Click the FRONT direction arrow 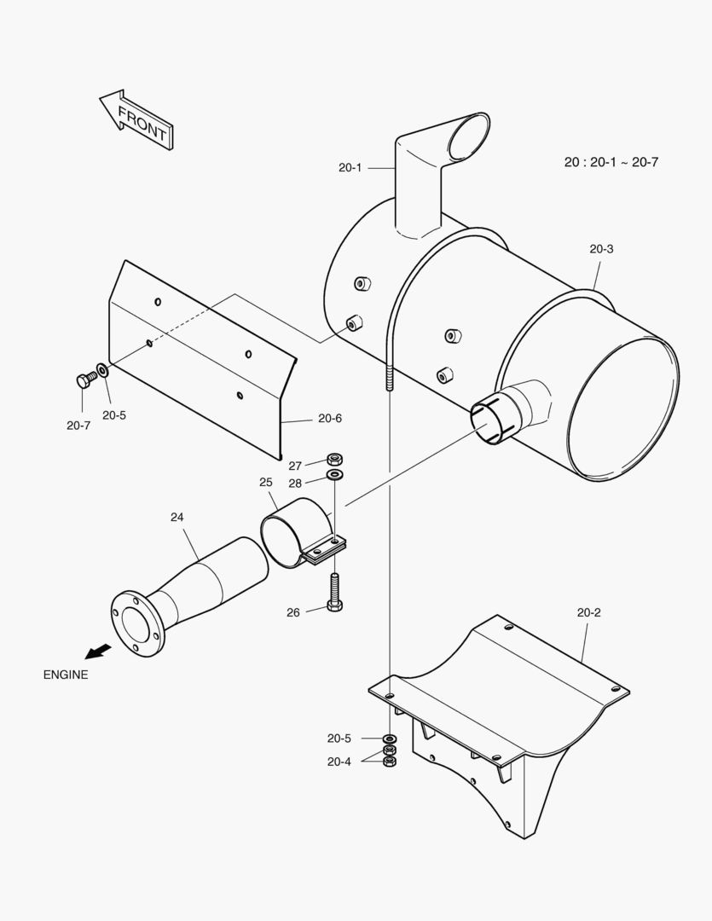click(x=136, y=119)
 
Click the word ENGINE click(x=66, y=675)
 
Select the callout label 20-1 click(x=350, y=168)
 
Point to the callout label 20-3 click(x=601, y=249)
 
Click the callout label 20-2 click(x=589, y=612)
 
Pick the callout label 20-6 click(x=330, y=418)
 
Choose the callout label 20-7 click(x=78, y=426)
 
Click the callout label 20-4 click(x=339, y=762)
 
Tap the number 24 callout click(x=177, y=517)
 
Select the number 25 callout click(x=266, y=482)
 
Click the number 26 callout click(x=293, y=612)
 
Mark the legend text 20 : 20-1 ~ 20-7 click(x=611, y=161)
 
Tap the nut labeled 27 click(x=335, y=460)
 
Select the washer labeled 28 click(x=335, y=474)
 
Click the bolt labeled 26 click(x=334, y=593)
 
